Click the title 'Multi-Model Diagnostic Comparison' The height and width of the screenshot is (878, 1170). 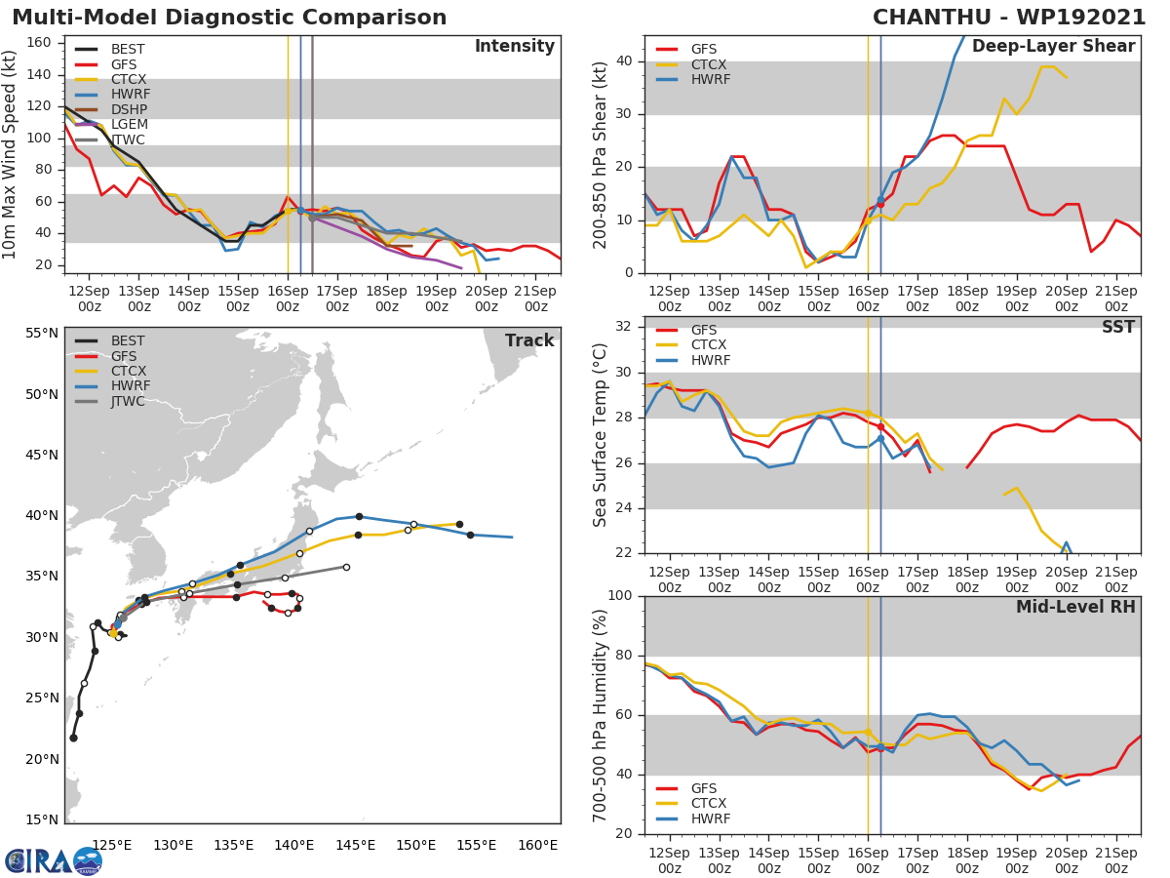229,18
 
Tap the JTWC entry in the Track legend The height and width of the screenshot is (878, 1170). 128,402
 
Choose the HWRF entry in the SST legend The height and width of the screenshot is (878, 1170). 710,361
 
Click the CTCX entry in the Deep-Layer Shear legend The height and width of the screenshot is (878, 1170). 710,64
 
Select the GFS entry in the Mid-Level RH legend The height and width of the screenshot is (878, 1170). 710,788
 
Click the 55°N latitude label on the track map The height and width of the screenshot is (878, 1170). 42,334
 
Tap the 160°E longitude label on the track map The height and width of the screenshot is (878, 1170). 537,845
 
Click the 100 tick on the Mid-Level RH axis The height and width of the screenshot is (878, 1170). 618,596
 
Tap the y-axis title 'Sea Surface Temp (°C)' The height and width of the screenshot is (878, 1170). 601,434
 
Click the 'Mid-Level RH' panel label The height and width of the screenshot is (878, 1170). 1075,607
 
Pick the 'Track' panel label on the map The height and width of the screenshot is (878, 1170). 529,340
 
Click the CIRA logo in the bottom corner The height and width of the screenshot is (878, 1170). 53,860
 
